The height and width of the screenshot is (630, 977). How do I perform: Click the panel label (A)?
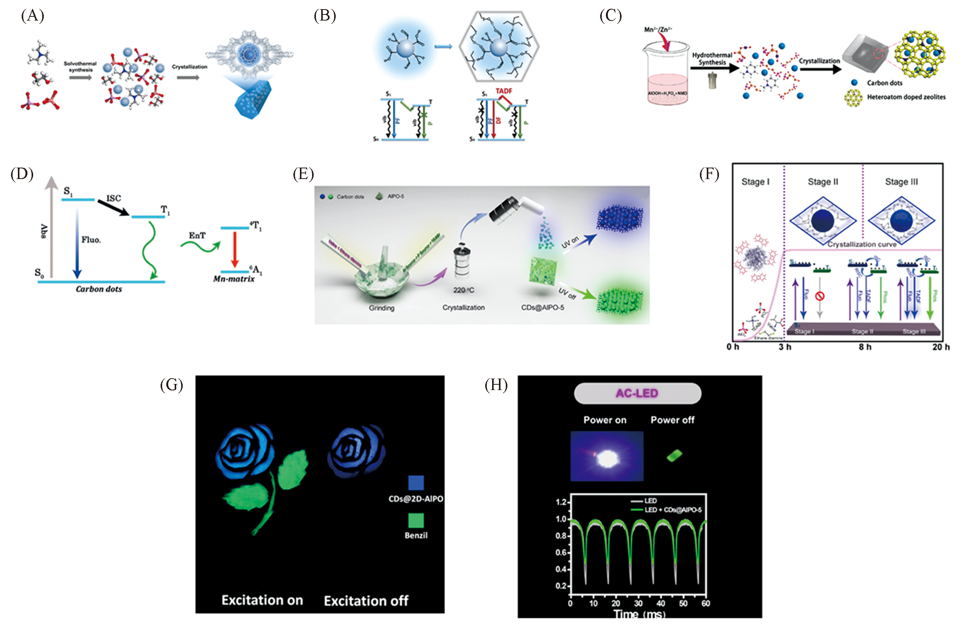point(32,16)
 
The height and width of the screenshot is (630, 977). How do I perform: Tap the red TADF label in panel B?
point(504,91)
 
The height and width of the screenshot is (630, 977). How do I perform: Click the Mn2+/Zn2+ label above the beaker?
point(658,29)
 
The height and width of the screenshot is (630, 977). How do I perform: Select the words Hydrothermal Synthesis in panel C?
point(712,59)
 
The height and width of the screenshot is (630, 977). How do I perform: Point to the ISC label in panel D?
point(114,198)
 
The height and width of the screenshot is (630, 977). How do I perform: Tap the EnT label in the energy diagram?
point(197,235)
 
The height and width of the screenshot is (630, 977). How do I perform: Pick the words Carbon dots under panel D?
point(99,289)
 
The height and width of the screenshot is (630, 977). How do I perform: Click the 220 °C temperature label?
point(464,290)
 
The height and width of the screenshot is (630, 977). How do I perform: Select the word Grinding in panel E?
point(381,308)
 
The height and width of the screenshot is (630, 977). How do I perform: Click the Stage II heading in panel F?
point(823,182)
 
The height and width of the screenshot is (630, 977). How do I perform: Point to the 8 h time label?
point(865,347)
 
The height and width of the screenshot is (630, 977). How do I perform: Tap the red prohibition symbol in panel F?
point(819,296)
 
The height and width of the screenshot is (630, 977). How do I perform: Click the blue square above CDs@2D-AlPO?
point(416,483)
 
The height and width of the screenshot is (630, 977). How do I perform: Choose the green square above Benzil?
point(416,520)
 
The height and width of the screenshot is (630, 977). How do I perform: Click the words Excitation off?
point(366,601)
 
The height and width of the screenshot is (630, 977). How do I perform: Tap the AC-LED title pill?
point(637,393)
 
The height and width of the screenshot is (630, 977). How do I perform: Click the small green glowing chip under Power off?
point(674,455)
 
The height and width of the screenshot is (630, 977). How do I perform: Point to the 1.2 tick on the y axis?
point(561,502)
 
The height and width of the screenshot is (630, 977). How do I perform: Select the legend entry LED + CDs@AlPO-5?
point(673,510)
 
